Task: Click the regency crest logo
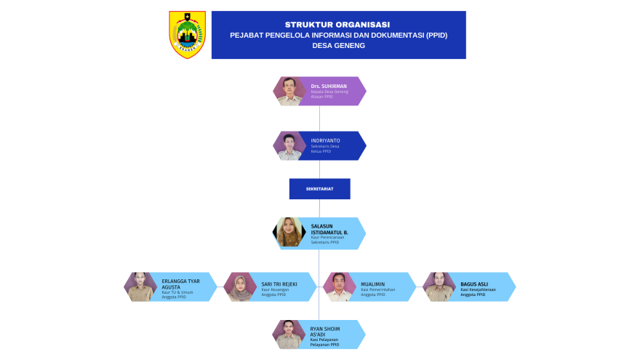[x=187, y=34]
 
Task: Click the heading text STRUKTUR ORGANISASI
[x=338, y=24]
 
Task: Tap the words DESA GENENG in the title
[x=338, y=45]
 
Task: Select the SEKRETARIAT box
[x=319, y=189]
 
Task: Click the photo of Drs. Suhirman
[x=289, y=91]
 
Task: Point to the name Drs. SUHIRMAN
[x=324, y=86]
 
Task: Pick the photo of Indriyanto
[x=289, y=145]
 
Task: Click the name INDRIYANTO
[x=325, y=140]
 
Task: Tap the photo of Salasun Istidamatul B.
[x=289, y=233]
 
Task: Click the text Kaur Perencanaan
[x=327, y=238]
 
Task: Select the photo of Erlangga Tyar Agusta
[x=140, y=287]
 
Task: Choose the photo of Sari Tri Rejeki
[x=239, y=287]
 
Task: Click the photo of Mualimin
[x=338, y=287]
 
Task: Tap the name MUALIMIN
[x=373, y=284]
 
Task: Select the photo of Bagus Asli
[x=439, y=287]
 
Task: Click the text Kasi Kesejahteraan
[x=478, y=289]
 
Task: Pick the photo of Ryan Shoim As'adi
[x=289, y=335]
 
